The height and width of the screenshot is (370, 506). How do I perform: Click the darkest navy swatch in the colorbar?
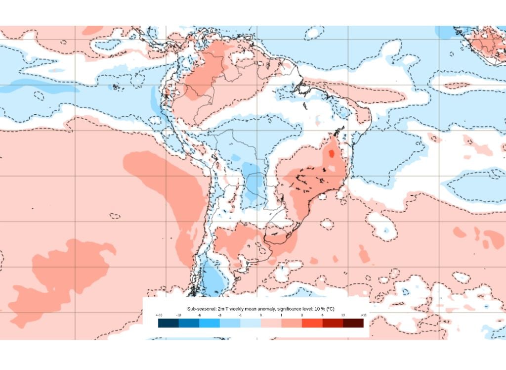(x=169, y=323)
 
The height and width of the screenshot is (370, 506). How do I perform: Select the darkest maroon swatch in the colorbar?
(x=353, y=323)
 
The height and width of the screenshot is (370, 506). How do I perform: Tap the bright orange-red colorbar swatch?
(x=312, y=323)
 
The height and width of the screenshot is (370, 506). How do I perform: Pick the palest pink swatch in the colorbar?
(x=271, y=323)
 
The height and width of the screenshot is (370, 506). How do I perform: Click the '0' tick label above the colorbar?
(x=260, y=315)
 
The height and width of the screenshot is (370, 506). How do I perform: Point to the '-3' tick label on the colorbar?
(x=219, y=315)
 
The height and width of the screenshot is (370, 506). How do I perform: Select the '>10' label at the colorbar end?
(x=363, y=315)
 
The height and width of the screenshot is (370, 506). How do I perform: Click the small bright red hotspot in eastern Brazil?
(x=331, y=154)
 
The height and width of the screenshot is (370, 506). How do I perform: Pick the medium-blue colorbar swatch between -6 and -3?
(x=210, y=323)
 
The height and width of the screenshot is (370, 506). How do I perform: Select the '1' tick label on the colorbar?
(x=281, y=315)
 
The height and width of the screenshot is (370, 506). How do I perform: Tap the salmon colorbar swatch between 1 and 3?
(x=292, y=323)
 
